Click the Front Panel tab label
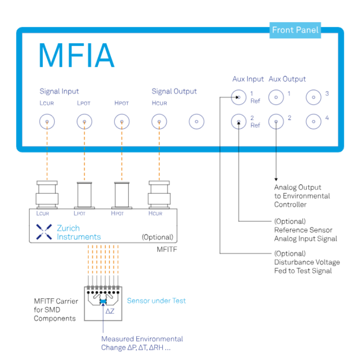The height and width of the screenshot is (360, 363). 295,30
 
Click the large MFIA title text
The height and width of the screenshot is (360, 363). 77,56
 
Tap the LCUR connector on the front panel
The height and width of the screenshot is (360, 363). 47,121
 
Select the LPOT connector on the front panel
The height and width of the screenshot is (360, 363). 84,121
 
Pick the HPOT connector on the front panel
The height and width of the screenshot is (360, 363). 121,121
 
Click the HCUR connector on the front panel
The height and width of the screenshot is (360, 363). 159,121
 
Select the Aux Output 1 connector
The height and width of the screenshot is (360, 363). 276,98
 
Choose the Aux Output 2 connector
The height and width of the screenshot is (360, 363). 276,121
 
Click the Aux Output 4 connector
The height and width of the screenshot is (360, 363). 314,121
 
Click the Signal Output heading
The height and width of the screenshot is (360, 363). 174,91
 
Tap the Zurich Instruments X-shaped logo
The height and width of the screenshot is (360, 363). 44,232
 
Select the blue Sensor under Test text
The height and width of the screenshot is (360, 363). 156,301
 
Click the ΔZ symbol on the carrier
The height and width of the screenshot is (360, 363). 110,311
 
